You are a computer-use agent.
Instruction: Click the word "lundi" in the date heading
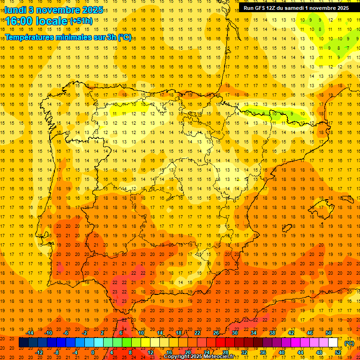(15, 9)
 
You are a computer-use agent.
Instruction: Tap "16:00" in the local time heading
(19, 21)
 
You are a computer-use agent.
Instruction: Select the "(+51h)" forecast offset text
(81, 21)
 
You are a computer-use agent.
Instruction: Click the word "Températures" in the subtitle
(29, 37)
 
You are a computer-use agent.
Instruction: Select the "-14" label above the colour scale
(30, 333)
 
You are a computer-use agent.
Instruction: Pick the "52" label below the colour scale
(338, 352)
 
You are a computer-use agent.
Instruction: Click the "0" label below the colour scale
(93, 352)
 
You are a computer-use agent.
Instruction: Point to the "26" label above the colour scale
(216, 333)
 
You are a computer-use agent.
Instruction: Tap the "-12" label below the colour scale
(39, 352)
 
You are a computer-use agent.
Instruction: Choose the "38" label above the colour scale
(272, 333)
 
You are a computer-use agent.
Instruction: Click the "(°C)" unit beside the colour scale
(349, 343)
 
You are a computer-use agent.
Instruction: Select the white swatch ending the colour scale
(333, 343)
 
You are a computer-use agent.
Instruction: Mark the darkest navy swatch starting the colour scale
(23, 343)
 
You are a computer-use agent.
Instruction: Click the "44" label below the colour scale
(300, 352)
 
